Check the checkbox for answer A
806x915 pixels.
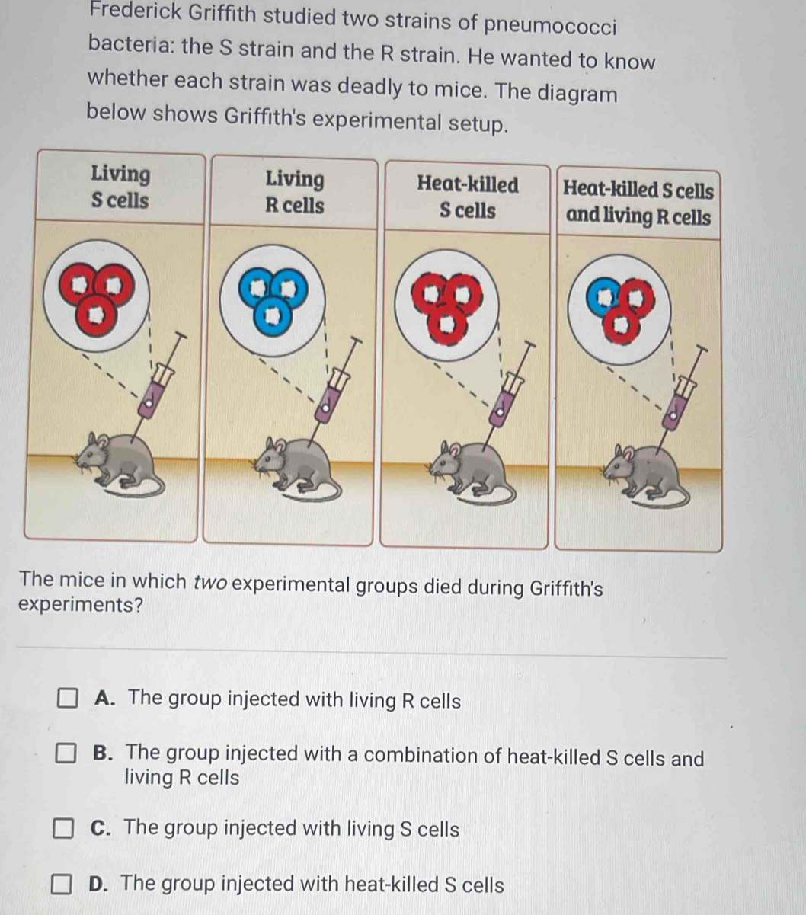click(x=67, y=698)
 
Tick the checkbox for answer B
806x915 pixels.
click(x=66, y=753)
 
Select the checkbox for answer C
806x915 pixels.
click(x=63, y=828)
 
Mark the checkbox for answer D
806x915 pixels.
click(x=61, y=885)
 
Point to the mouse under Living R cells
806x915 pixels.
click(x=296, y=470)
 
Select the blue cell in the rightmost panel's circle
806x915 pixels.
click(x=603, y=296)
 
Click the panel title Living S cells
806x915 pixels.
click(x=120, y=187)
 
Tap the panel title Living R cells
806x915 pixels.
click(x=295, y=192)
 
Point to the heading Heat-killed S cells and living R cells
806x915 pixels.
click(x=638, y=203)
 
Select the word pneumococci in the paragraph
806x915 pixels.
click(x=551, y=25)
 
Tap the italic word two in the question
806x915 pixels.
click(x=210, y=582)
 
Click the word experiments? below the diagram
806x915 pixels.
click(x=81, y=605)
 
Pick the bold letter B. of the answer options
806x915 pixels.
click(x=103, y=753)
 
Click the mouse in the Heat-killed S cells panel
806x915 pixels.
click(x=471, y=472)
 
